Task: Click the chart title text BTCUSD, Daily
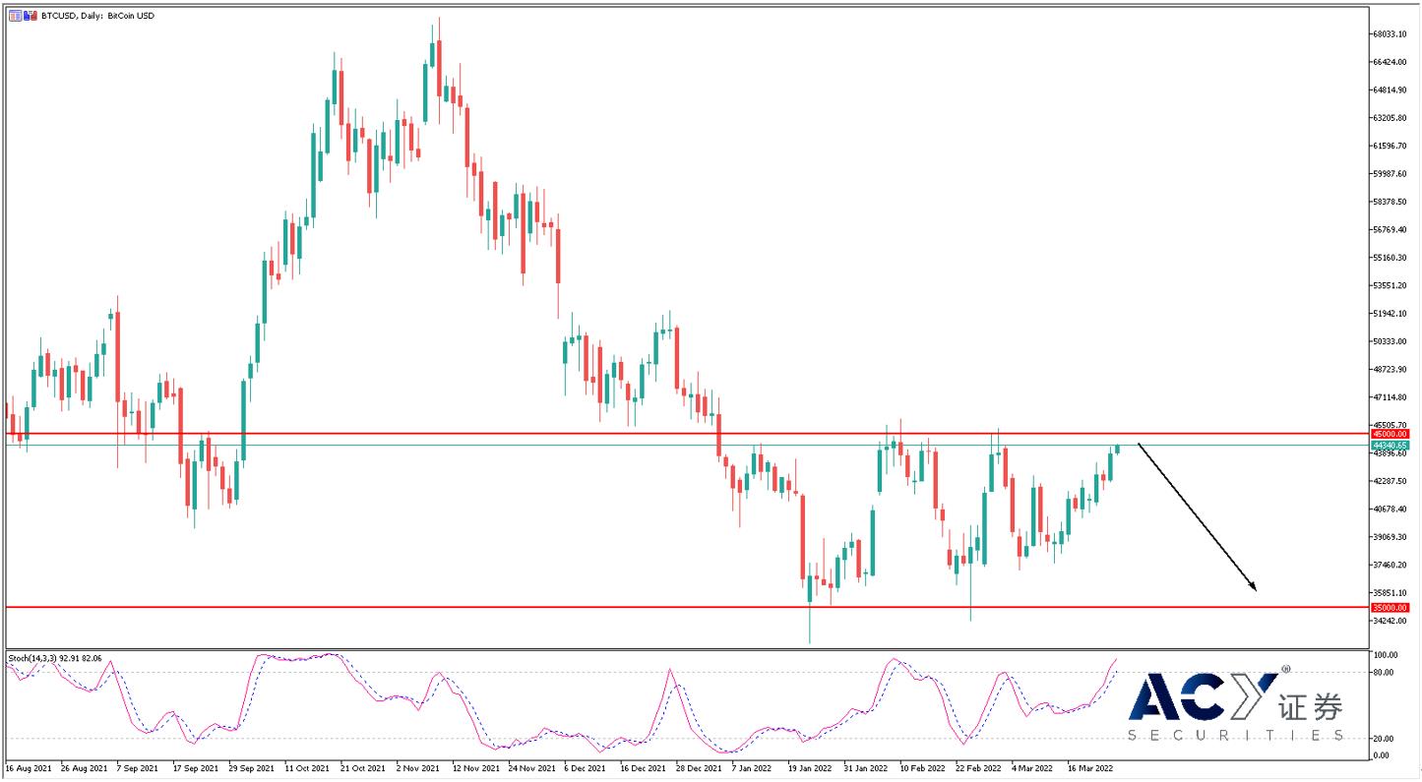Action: coord(73,16)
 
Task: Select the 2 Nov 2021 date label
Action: coord(417,767)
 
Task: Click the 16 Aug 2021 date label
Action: coord(28,767)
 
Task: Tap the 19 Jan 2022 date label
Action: coord(809,767)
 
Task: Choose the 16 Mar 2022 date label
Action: coord(1090,767)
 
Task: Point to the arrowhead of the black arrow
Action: coord(1254,587)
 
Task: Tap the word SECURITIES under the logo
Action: coord(1235,736)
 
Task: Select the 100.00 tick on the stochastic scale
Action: coord(1386,655)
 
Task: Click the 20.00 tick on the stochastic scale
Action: coord(1384,739)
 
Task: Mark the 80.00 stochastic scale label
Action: coord(1384,673)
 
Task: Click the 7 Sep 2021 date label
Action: coord(137,767)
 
